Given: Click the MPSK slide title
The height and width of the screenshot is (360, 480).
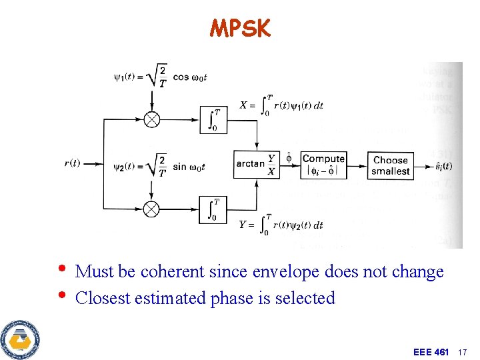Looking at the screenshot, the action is click(x=240, y=28).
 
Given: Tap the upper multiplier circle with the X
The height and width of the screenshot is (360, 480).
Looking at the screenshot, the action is click(x=152, y=119).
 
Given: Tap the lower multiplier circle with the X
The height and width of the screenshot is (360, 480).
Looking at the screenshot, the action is click(x=152, y=209).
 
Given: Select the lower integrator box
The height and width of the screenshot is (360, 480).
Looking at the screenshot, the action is click(x=214, y=209).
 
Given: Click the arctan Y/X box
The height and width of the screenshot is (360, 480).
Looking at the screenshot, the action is click(x=255, y=164).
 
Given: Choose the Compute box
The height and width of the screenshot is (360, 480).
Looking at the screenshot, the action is click(x=323, y=164).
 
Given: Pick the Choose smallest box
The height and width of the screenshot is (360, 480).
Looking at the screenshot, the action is click(x=391, y=165).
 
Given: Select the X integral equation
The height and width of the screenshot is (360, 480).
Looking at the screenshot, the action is click(x=281, y=105).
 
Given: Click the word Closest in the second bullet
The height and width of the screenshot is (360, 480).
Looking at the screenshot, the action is click(x=103, y=298).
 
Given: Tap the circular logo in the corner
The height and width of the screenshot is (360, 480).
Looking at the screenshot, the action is click(x=19, y=339).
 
